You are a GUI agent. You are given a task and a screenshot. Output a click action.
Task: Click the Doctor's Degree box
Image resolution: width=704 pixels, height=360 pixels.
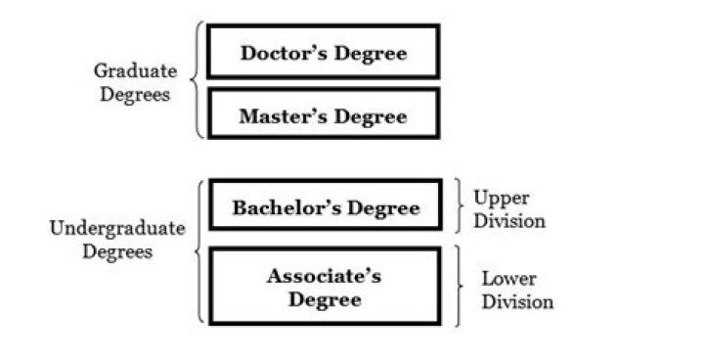[324, 52]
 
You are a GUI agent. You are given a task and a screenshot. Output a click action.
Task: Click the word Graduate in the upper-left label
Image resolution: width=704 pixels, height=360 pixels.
[135, 70]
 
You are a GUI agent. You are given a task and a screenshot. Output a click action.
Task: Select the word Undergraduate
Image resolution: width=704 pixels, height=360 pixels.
[116, 229]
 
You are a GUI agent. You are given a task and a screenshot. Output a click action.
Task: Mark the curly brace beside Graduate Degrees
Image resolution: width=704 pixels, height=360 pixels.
[199, 80]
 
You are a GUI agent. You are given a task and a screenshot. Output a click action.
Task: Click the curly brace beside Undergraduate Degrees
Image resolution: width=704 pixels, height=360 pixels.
[198, 251]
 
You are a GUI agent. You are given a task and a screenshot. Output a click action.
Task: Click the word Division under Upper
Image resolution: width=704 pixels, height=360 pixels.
[508, 221]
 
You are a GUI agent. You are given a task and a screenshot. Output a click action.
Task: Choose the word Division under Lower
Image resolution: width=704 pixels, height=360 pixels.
[516, 301]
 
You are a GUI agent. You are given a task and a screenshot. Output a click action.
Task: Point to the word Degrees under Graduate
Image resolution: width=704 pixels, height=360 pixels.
[135, 95]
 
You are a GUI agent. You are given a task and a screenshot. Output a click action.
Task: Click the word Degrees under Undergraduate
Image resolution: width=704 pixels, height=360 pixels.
[116, 252]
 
